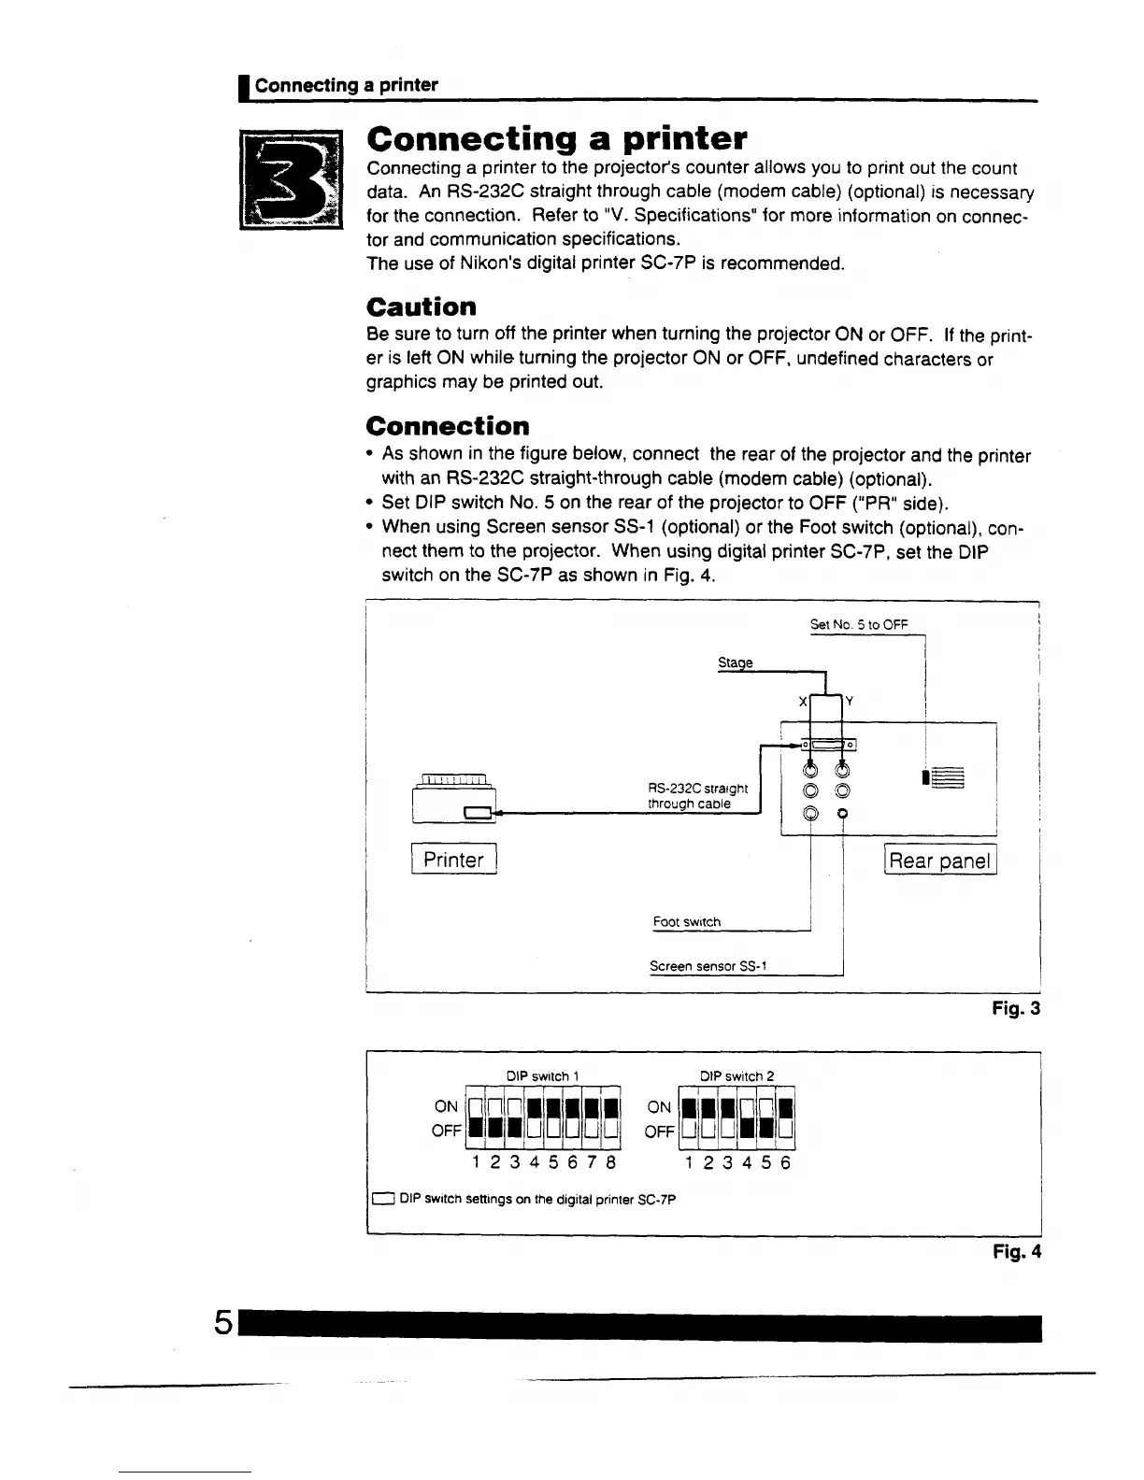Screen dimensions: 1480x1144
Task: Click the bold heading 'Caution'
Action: click(x=422, y=307)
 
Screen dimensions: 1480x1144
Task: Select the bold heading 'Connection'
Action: click(x=448, y=426)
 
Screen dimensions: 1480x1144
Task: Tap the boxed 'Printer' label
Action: click(x=453, y=860)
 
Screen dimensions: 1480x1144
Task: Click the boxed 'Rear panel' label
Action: click(x=939, y=861)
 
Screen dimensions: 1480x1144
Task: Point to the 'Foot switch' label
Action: click(x=687, y=922)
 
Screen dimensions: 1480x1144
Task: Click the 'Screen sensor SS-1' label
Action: click(x=708, y=966)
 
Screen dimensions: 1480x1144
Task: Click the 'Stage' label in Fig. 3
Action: click(x=735, y=662)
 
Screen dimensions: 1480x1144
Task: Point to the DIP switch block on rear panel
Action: click(x=946, y=777)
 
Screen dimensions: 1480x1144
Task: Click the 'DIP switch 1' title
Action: click(x=542, y=1076)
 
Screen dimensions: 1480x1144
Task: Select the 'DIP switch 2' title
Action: click(x=737, y=1076)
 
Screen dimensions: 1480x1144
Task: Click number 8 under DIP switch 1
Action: click(x=611, y=1163)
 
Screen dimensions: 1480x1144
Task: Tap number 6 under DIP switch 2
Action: click(x=786, y=1163)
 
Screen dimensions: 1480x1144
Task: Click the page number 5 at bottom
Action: click(x=222, y=1322)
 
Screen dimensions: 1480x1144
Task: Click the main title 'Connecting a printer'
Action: click(x=557, y=138)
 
